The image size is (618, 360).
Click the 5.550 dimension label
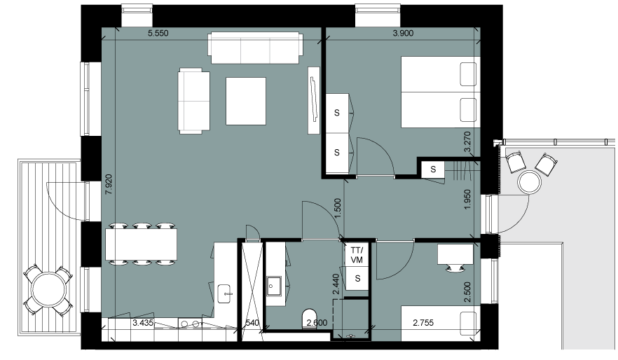[x=158, y=34]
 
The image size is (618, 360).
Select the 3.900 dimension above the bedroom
[x=403, y=34]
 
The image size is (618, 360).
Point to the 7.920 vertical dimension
[x=109, y=185]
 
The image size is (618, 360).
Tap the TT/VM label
[x=357, y=255]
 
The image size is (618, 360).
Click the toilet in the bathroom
[x=309, y=319]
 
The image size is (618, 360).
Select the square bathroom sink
[x=273, y=286]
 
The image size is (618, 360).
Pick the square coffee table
[x=245, y=102]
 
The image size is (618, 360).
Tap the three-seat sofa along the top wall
[x=256, y=48]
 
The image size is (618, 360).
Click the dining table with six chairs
[x=141, y=244]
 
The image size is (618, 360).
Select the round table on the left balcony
[x=48, y=290]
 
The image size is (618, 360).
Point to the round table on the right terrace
[x=529, y=182]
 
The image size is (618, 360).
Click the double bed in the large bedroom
[x=440, y=92]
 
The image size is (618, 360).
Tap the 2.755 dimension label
[x=423, y=323]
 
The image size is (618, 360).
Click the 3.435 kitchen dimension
[x=143, y=324]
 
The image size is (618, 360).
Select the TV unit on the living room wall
[x=314, y=100]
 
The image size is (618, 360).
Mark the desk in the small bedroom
[x=455, y=254]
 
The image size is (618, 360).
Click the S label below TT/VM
[x=357, y=279]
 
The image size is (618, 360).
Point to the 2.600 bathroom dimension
[x=317, y=323]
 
